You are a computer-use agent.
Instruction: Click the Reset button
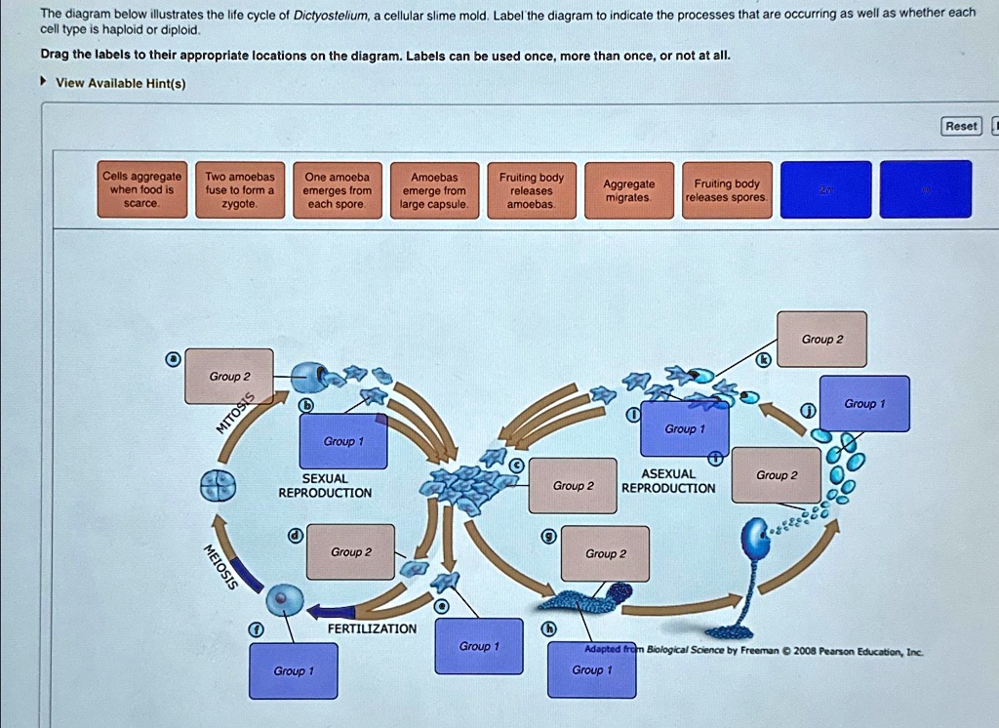(x=961, y=126)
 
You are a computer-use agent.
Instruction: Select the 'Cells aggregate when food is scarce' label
(x=140, y=189)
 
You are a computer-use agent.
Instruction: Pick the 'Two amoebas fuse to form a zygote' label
(x=239, y=189)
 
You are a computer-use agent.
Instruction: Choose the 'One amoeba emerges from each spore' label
(x=337, y=189)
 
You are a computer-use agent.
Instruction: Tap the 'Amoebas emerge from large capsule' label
(x=434, y=189)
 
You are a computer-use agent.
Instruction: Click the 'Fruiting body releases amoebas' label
(x=532, y=189)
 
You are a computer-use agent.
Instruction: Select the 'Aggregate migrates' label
(x=628, y=189)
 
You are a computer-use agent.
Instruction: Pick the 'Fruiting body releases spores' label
(x=727, y=189)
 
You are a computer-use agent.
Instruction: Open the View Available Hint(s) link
(x=120, y=83)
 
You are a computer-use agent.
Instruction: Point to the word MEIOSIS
(x=220, y=566)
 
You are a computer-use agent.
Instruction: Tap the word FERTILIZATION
(x=372, y=628)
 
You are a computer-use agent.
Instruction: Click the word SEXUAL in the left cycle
(x=325, y=478)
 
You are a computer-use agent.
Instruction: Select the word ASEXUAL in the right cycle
(x=668, y=473)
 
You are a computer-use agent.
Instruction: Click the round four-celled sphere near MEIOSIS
(x=218, y=485)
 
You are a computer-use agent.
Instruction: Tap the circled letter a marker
(x=173, y=359)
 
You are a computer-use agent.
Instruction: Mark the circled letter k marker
(x=765, y=360)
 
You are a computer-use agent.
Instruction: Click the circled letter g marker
(x=550, y=536)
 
